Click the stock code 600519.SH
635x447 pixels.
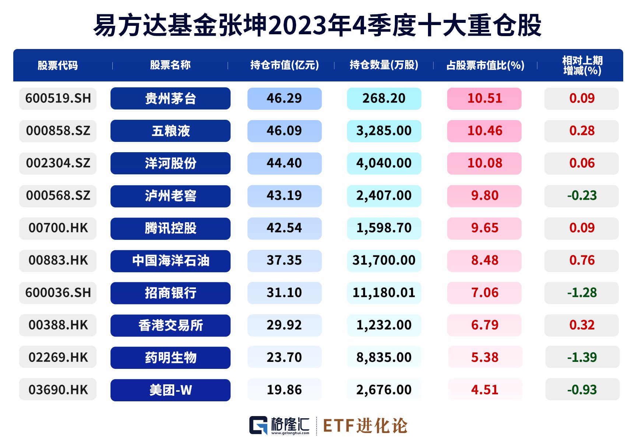coord(58,98)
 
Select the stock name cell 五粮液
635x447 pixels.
coord(170,131)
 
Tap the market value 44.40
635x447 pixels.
coord(284,163)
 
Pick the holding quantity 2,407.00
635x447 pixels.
coord(384,195)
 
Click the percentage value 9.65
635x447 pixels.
coord(484,228)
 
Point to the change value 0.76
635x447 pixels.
coord(582,260)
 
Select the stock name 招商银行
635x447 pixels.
coord(170,293)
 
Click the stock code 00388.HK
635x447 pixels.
coord(58,325)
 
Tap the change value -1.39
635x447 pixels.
coord(582,357)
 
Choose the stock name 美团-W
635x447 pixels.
coord(170,390)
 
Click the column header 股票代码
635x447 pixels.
coord(58,65)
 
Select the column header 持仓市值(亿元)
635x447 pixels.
coord(284,65)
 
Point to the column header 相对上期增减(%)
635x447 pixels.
coord(582,65)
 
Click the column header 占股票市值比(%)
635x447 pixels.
coord(485,65)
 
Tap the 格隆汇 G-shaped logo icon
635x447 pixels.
coord(259,426)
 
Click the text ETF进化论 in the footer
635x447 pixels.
coord(365,426)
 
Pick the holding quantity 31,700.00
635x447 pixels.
coord(384,260)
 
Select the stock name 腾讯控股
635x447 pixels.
coord(170,228)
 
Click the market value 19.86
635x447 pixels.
coord(284,390)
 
